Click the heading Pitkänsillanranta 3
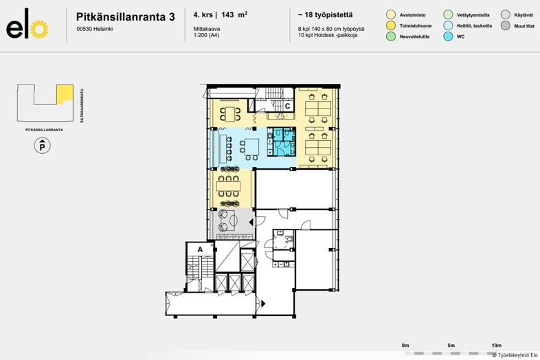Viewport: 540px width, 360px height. point(124,15)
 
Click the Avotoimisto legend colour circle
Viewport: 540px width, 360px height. point(390,14)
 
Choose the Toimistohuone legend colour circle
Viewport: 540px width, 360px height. point(390,25)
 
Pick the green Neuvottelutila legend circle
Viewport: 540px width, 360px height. point(390,37)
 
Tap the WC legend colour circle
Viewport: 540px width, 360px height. point(449,37)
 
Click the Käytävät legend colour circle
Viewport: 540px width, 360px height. point(505,14)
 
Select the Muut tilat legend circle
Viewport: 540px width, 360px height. point(505,25)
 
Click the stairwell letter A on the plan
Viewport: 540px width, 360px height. point(200,249)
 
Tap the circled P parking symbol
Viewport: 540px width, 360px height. point(43,146)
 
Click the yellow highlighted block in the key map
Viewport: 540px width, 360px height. point(64,92)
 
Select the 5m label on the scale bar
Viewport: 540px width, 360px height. point(451,345)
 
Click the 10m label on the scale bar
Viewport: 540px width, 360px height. point(496,345)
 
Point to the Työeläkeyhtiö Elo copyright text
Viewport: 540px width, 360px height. point(515,355)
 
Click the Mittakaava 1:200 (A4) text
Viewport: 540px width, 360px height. point(203,34)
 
